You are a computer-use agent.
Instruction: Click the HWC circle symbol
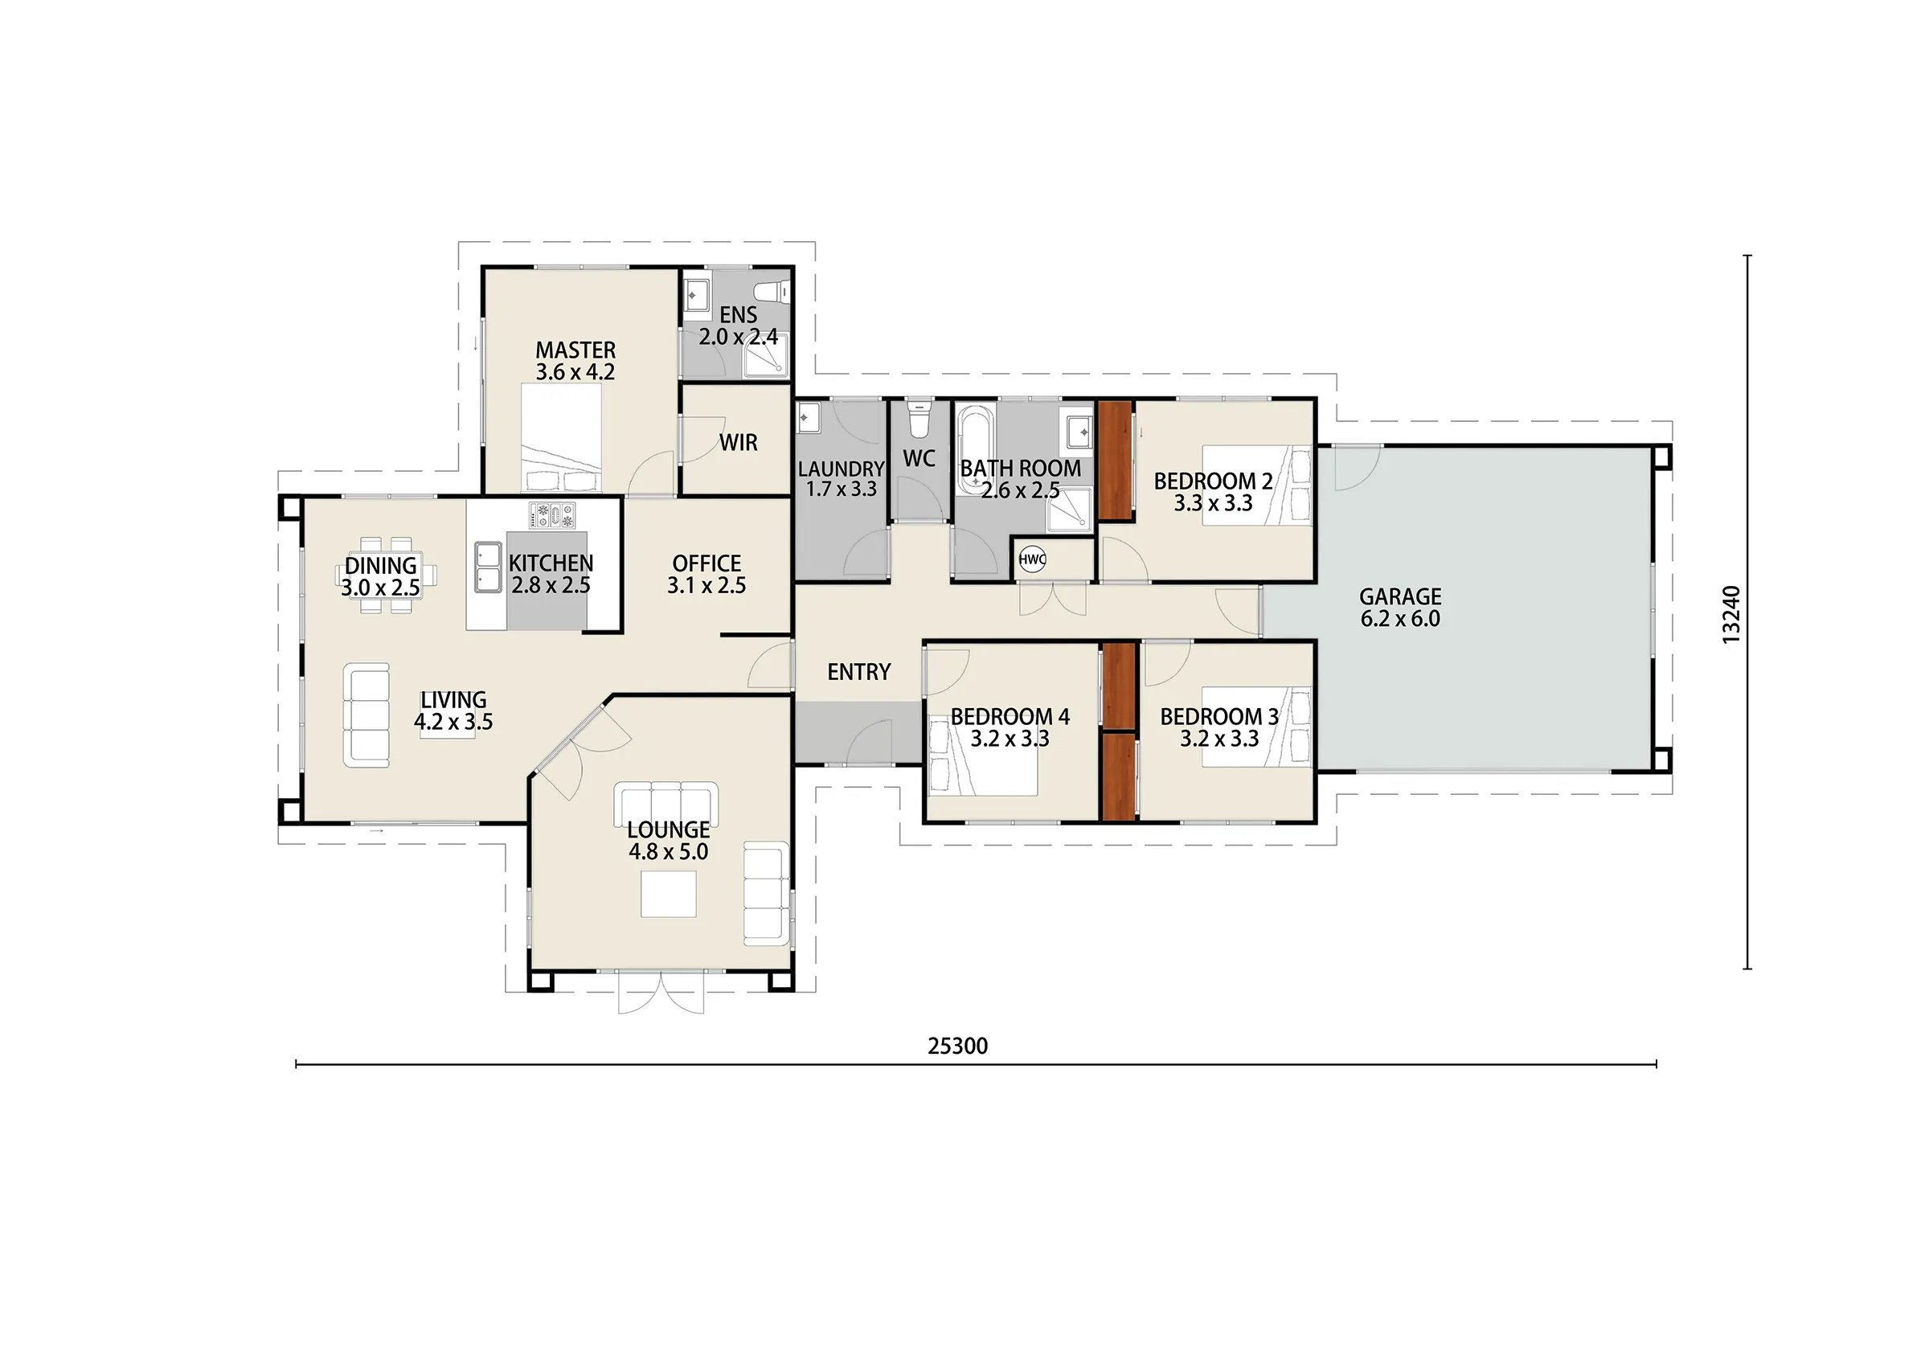point(1032,559)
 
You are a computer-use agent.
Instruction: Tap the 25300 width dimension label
point(958,1047)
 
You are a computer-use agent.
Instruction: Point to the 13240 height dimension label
point(1730,615)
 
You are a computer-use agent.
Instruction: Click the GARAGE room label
point(1401,596)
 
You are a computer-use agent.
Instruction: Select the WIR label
point(739,443)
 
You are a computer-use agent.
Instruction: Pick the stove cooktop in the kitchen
point(552,515)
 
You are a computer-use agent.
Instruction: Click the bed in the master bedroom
point(561,438)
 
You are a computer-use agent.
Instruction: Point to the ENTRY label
point(858,672)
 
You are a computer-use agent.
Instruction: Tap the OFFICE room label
point(706,563)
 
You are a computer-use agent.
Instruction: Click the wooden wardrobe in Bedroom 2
point(1116,461)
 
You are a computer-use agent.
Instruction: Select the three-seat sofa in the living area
point(367,715)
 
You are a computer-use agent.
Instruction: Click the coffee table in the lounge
point(669,893)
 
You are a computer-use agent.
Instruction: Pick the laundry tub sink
point(809,418)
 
